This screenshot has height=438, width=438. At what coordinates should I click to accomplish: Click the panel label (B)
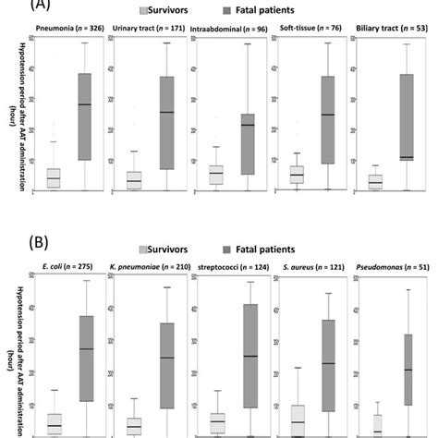tap(17, 247)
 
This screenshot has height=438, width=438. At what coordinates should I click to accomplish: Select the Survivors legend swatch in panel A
tap(146, 10)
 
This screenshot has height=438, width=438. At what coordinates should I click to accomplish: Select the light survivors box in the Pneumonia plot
tap(53, 177)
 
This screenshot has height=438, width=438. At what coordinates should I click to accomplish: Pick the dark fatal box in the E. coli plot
tap(85, 358)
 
